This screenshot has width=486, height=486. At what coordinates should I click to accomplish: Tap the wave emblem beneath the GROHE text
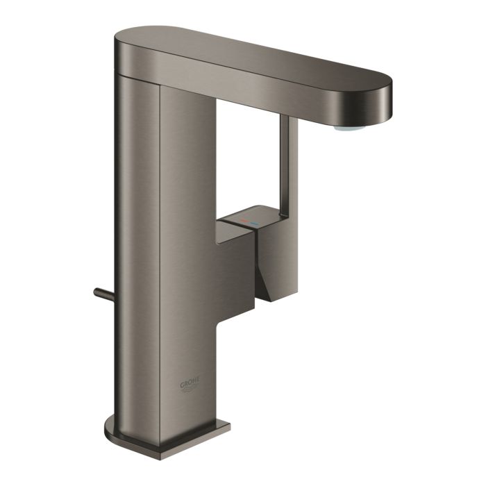pyautogui.click(x=192, y=392)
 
